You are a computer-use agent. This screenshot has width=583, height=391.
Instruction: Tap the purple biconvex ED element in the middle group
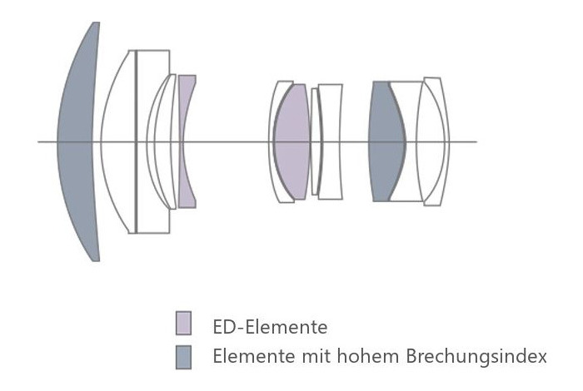(x=291, y=141)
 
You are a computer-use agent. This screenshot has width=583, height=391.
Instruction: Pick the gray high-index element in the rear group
(x=386, y=141)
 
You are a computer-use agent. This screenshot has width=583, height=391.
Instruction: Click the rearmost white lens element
(x=433, y=141)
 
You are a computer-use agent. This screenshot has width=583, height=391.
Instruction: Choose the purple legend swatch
(x=184, y=323)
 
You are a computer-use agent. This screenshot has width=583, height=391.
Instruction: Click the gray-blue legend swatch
(x=184, y=357)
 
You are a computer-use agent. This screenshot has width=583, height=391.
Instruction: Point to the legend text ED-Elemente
(x=270, y=327)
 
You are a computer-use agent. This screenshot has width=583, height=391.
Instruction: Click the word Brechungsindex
(x=476, y=356)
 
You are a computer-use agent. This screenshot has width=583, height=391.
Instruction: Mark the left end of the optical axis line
(x=38, y=141)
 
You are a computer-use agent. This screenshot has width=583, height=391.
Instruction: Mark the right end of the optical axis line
(x=476, y=141)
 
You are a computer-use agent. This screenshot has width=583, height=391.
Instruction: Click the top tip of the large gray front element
(x=96, y=22)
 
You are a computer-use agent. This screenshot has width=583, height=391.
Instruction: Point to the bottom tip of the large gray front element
(x=96, y=261)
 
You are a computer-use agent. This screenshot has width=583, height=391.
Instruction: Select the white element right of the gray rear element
(x=407, y=141)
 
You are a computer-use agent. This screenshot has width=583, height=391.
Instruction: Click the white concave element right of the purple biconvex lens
(x=331, y=141)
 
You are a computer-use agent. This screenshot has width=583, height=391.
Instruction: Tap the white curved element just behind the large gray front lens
(x=118, y=141)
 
